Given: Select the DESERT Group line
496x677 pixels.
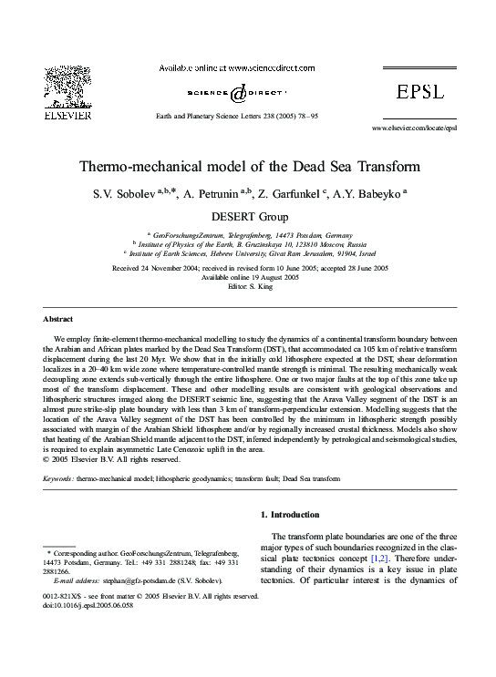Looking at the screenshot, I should (x=248, y=217).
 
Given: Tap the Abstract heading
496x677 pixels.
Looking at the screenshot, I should (x=58, y=320).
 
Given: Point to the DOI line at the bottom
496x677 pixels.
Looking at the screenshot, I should (x=90, y=604).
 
